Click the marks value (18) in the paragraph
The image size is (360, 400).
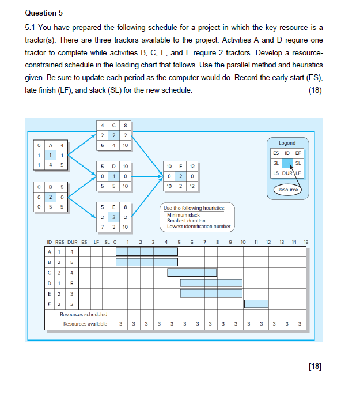point(315,90)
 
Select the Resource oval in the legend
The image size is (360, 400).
point(286,189)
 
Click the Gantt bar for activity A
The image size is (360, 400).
point(141,251)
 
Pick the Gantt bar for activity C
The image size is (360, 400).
point(192,272)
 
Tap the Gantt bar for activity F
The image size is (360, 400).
point(256,304)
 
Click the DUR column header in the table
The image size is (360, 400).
point(73,242)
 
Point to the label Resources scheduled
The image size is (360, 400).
point(84,314)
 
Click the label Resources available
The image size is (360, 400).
point(85,324)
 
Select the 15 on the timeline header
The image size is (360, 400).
point(306,242)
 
